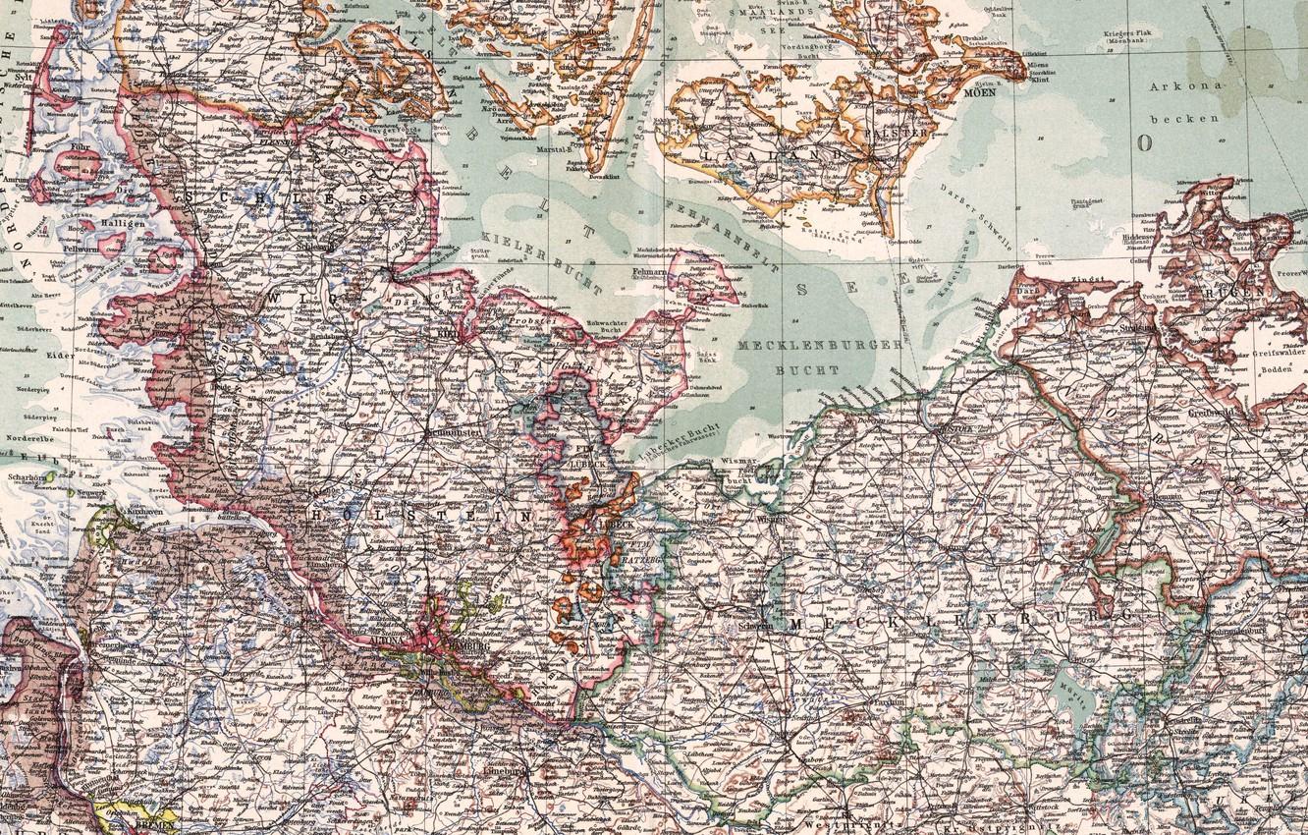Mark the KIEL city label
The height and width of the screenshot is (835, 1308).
click(448, 333)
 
